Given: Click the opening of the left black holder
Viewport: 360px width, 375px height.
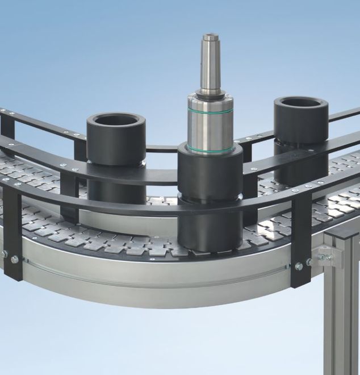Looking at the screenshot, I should pos(116,120).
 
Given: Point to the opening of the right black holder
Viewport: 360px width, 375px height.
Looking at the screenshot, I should pos(301,104).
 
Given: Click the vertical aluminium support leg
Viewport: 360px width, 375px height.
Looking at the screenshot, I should pos(341,318).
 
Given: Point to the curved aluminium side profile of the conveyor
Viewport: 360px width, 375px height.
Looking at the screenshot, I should pos(153,273).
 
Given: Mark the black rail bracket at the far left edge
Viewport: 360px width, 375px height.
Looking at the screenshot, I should pos(7,128).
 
